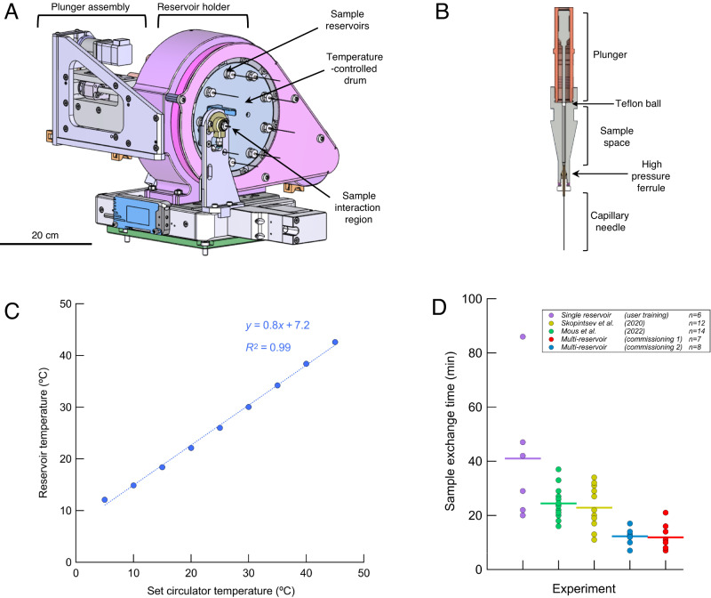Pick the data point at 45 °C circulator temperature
(335, 343)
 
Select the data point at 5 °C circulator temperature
(105, 500)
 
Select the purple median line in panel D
(523, 458)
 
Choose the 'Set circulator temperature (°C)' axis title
(220, 589)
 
